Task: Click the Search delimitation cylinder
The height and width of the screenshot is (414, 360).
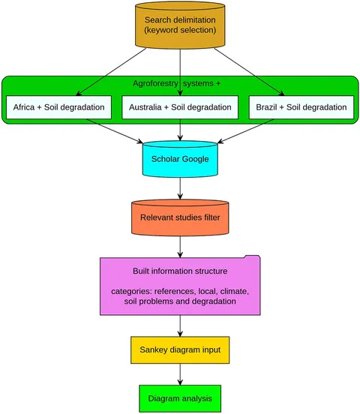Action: click(x=180, y=25)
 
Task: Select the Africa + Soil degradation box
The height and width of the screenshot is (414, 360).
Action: click(x=59, y=107)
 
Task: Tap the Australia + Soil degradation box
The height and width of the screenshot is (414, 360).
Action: click(x=180, y=107)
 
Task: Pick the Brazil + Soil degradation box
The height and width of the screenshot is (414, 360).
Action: click(x=301, y=107)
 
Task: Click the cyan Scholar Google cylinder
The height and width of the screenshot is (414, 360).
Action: click(x=180, y=159)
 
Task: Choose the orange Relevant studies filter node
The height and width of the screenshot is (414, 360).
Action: click(x=180, y=217)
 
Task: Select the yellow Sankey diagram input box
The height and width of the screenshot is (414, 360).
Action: click(x=180, y=349)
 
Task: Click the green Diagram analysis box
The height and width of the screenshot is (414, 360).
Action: click(x=180, y=398)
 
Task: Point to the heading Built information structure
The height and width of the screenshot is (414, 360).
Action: click(x=180, y=271)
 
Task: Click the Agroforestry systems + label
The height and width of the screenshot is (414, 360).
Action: click(x=176, y=83)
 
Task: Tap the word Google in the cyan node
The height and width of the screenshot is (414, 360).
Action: click(x=196, y=159)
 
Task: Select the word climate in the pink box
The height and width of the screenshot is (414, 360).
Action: click(x=234, y=291)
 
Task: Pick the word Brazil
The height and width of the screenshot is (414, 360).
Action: click(x=266, y=107)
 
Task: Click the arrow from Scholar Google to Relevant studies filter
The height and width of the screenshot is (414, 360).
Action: click(x=180, y=188)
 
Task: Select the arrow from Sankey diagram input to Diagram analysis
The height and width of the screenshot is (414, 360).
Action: click(x=180, y=374)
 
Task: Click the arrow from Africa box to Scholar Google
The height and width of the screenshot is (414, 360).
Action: click(x=115, y=131)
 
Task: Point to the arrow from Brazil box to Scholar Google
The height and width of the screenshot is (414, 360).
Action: click(x=246, y=131)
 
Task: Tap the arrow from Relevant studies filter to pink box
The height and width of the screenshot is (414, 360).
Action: click(x=180, y=247)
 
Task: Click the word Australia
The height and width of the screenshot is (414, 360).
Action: click(x=145, y=107)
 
